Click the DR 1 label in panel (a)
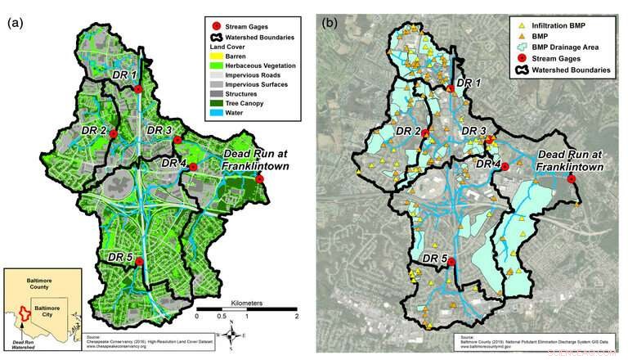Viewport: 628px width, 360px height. click(124, 75)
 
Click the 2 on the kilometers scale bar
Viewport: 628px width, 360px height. click(296, 316)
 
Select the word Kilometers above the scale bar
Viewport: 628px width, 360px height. click(246, 302)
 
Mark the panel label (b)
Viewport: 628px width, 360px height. click(330, 22)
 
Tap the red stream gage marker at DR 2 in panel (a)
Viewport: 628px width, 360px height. click(114, 133)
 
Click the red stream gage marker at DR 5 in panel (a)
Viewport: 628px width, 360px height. click(140, 262)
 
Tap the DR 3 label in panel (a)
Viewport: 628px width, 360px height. click(160, 130)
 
